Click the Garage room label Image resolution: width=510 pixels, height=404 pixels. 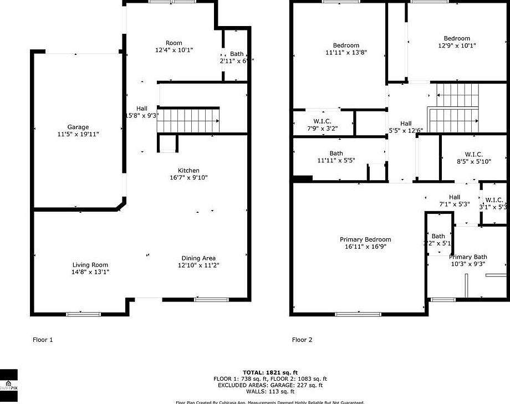click(78, 127)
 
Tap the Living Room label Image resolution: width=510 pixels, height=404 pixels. click(90, 265)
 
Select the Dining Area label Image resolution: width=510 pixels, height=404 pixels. click(198, 258)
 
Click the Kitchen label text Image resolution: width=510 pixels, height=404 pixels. click(188, 171)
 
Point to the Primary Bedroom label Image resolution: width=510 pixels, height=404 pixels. click(365, 240)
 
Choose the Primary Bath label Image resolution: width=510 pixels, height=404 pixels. click(468, 257)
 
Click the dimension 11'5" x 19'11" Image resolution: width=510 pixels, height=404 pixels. click(78, 134)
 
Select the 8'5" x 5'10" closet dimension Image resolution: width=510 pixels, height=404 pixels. click(473, 161)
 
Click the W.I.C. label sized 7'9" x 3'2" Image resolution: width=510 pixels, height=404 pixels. click(322, 121)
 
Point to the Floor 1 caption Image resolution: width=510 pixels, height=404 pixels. click(43, 340)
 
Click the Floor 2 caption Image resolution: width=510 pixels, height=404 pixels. click(302, 340)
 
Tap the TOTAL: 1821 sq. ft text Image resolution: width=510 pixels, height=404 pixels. click(271, 372)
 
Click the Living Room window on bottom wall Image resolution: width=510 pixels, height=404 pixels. click(84, 314)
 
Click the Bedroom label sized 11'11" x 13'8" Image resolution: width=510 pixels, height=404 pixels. click(346, 45)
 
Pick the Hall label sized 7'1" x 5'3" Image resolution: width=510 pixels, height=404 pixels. click(455, 197)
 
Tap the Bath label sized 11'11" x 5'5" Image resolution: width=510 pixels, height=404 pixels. click(336, 154)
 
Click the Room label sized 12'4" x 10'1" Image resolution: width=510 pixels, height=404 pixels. click(174, 43)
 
